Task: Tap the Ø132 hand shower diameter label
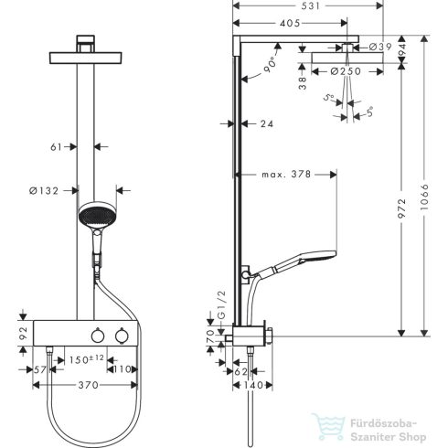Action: (45, 190)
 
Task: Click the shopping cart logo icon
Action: (325, 426)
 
